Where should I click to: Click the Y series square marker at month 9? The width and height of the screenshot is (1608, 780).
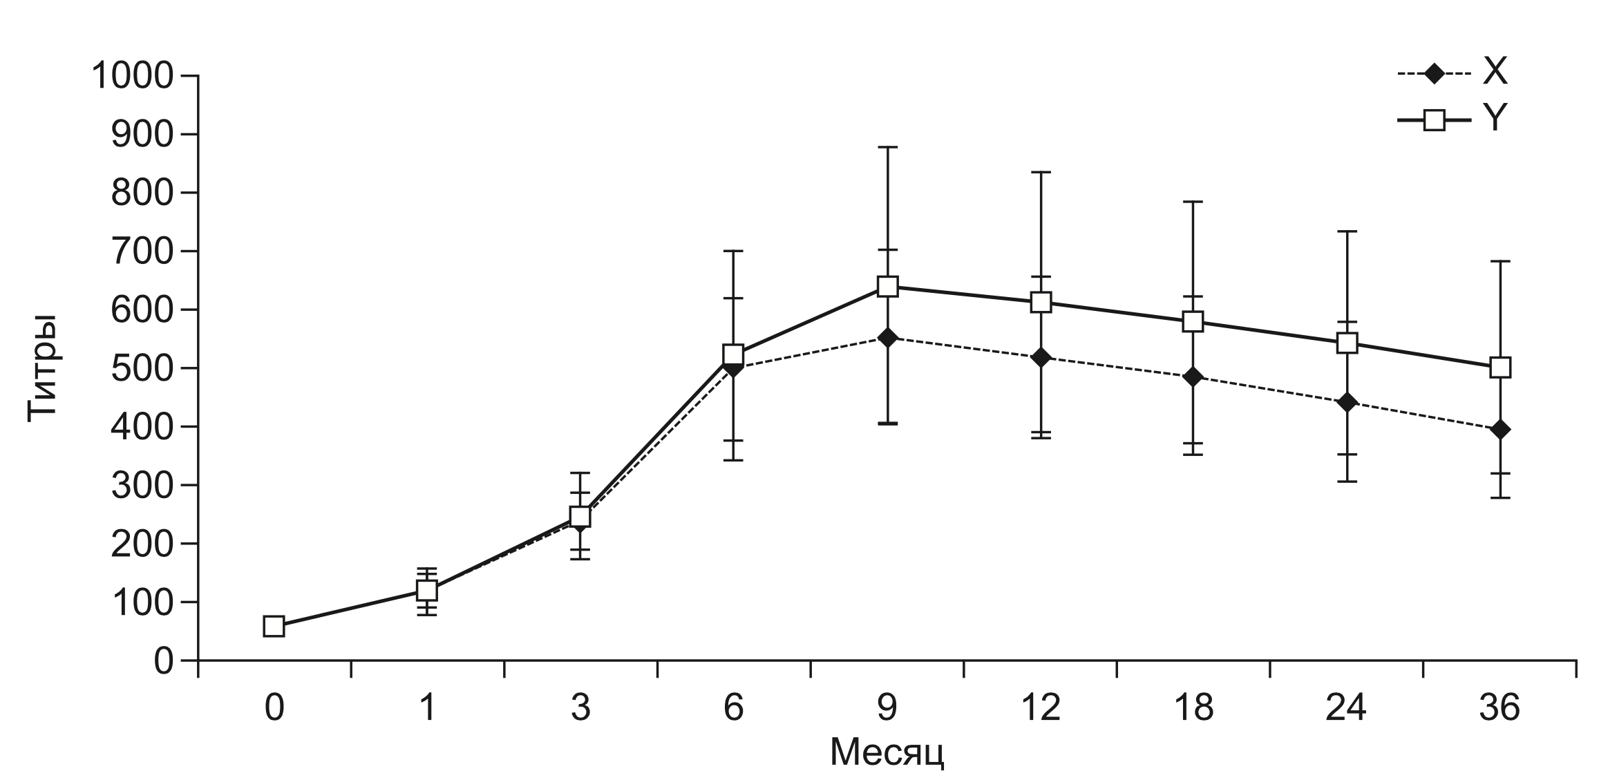887,286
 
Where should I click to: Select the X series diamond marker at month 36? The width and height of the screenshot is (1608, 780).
1500,430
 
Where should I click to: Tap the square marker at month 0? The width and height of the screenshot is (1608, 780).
274,627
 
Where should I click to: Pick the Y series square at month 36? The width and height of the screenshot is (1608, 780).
1500,368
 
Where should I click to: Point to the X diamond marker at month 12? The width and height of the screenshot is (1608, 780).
1041,358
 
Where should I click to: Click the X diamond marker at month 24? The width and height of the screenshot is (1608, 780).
1347,402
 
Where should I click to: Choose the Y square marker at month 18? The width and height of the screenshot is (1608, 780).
1193,321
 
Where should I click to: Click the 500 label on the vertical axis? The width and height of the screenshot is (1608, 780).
142,368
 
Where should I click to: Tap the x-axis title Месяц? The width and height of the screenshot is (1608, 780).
887,753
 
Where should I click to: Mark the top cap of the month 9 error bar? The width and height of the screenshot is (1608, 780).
887,147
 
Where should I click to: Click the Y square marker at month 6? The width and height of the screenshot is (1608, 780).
733,354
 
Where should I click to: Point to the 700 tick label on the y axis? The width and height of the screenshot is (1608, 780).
142,251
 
